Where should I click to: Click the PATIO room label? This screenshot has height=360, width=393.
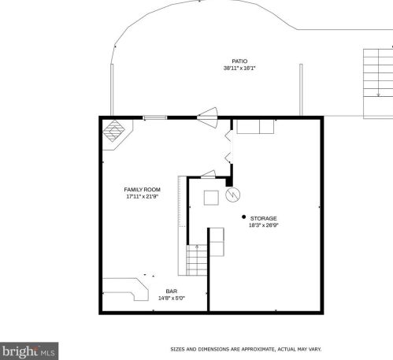[x=239, y=61]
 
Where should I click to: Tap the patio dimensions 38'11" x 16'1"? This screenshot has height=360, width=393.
[x=239, y=69]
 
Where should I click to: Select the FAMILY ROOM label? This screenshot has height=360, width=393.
[x=142, y=190]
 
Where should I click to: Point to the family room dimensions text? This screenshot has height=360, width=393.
[x=142, y=196]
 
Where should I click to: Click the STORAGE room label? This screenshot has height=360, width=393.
[x=263, y=218]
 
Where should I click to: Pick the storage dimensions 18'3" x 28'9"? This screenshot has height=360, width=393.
[x=263, y=225]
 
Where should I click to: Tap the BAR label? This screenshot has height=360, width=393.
[x=172, y=291]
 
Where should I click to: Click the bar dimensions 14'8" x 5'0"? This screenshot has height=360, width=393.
[x=172, y=298]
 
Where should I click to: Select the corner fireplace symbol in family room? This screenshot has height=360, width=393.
[x=113, y=131]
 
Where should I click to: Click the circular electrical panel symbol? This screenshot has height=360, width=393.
[x=233, y=195]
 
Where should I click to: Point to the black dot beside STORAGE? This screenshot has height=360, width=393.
[x=243, y=217]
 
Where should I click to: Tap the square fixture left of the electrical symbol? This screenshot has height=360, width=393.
[x=211, y=198]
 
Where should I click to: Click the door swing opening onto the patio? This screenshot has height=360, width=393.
[x=208, y=117]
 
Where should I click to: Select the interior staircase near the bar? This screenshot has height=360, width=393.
[x=197, y=260]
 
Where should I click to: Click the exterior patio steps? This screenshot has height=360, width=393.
[x=378, y=84]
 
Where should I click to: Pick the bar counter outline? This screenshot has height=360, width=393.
[x=125, y=289]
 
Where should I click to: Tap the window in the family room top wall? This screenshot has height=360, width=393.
[x=155, y=117]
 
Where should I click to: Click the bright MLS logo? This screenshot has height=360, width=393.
[x=29, y=351]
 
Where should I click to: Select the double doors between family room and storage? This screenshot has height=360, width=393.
[x=229, y=147]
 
